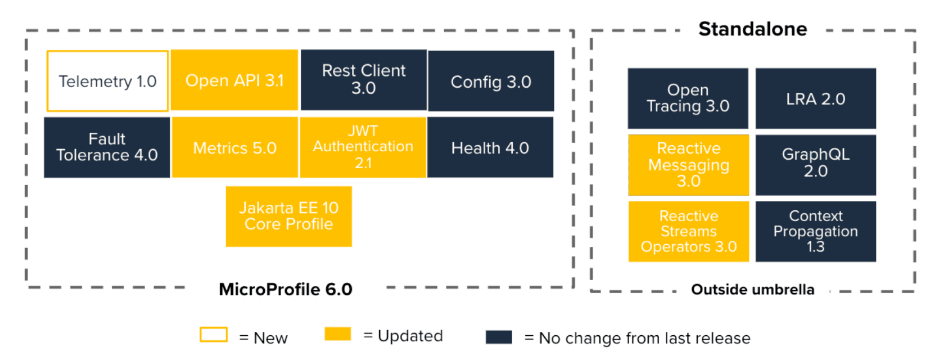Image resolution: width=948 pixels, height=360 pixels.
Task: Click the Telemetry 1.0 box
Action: (107, 81)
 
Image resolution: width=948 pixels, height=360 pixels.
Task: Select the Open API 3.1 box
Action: (234, 80)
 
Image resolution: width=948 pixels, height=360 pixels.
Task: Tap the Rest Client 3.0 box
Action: (364, 80)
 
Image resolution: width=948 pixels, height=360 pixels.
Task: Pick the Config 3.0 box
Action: (491, 82)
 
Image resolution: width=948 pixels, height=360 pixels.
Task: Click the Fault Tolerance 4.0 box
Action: (107, 147)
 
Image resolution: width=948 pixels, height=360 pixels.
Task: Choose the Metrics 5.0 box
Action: (234, 148)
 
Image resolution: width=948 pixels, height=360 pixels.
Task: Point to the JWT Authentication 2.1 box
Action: (363, 147)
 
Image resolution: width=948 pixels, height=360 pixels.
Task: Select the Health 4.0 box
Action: (490, 148)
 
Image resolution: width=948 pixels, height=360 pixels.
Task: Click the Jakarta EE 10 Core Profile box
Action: (289, 217)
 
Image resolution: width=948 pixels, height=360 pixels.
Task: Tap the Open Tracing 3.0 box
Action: (688, 98)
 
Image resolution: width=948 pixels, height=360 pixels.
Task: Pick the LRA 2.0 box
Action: (816, 98)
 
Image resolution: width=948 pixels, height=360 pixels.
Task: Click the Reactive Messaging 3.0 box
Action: (689, 165)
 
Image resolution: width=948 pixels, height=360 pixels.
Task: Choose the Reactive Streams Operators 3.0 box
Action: (689, 231)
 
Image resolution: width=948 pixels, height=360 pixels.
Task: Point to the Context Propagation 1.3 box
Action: (816, 231)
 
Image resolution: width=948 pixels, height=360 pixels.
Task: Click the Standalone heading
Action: (753, 29)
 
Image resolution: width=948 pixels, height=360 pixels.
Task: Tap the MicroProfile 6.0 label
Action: (286, 289)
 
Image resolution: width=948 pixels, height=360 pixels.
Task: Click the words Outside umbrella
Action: (753, 289)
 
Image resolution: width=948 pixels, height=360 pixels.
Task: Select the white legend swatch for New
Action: (214, 335)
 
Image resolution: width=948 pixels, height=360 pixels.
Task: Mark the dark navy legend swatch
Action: (499, 337)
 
